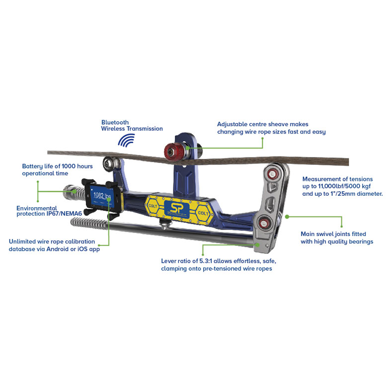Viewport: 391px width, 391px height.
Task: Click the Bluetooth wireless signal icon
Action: click(126, 140)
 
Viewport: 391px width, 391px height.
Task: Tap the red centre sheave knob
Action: click(174, 151)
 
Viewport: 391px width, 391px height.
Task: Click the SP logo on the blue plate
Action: click(176, 209)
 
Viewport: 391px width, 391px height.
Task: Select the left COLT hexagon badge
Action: click(153, 206)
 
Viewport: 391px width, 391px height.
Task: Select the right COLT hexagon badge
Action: click(203, 213)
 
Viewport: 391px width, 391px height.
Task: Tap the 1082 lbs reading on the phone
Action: click(102, 196)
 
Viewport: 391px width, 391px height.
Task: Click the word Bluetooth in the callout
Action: click(115, 122)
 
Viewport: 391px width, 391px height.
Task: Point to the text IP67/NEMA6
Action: click(64, 214)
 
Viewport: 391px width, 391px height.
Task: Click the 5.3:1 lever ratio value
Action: click(206, 261)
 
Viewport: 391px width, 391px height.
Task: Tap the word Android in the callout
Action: click(57, 249)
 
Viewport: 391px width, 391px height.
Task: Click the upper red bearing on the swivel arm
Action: click(272, 174)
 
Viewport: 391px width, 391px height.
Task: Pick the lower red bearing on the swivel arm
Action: click(263, 223)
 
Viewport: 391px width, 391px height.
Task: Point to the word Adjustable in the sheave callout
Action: click(232, 124)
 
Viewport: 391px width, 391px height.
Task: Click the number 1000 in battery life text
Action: click(69, 166)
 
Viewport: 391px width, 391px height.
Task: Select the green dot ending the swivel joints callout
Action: click(287, 217)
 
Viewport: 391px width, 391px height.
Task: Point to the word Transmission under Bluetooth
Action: click(145, 129)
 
